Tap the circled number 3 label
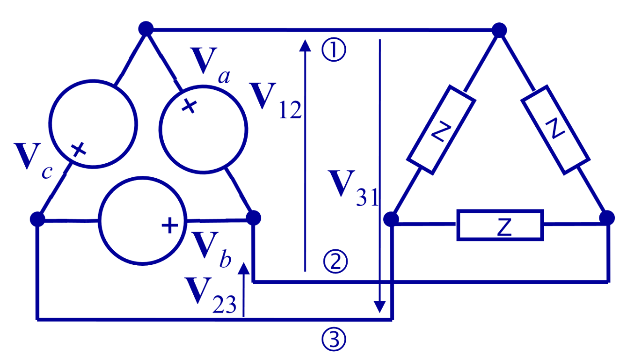pos(334,340)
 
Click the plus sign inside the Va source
pos(189,106)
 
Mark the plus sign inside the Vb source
pos(169,225)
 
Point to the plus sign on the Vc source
pos(78,150)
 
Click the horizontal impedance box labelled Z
pos(500,225)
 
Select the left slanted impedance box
pos(441,130)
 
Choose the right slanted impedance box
pos(554,130)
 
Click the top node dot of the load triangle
pos(499,30)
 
